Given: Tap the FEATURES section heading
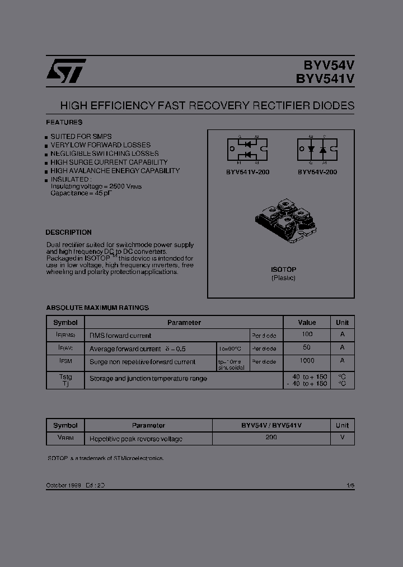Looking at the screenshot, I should pyautogui.click(x=64, y=122).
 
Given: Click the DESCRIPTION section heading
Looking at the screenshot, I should pyautogui.click(x=68, y=233).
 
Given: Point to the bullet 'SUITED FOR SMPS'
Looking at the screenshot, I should pyautogui.click(x=81, y=137).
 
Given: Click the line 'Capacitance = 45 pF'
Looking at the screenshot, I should pyautogui.click(x=81, y=193).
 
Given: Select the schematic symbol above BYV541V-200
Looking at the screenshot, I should pyautogui.click(x=247, y=151).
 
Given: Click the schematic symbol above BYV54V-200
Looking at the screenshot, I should pyautogui.click(x=317, y=150).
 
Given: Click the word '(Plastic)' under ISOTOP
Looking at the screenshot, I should pyautogui.click(x=283, y=278).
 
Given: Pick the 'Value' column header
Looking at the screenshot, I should pyautogui.click(x=307, y=323).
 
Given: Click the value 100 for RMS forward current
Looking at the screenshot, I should pyautogui.click(x=307, y=334).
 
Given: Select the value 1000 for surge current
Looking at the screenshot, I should pyautogui.click(x=307, y=361).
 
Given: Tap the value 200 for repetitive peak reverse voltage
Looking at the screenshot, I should pyautogui.click(x=271, y=437).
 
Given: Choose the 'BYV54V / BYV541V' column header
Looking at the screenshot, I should pyautogui.click(x=271, y=426).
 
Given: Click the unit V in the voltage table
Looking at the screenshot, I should pyautogui.click(x=342, y=437).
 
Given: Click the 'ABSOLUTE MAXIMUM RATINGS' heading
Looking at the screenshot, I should pyautogui.click(x=97, y=308).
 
